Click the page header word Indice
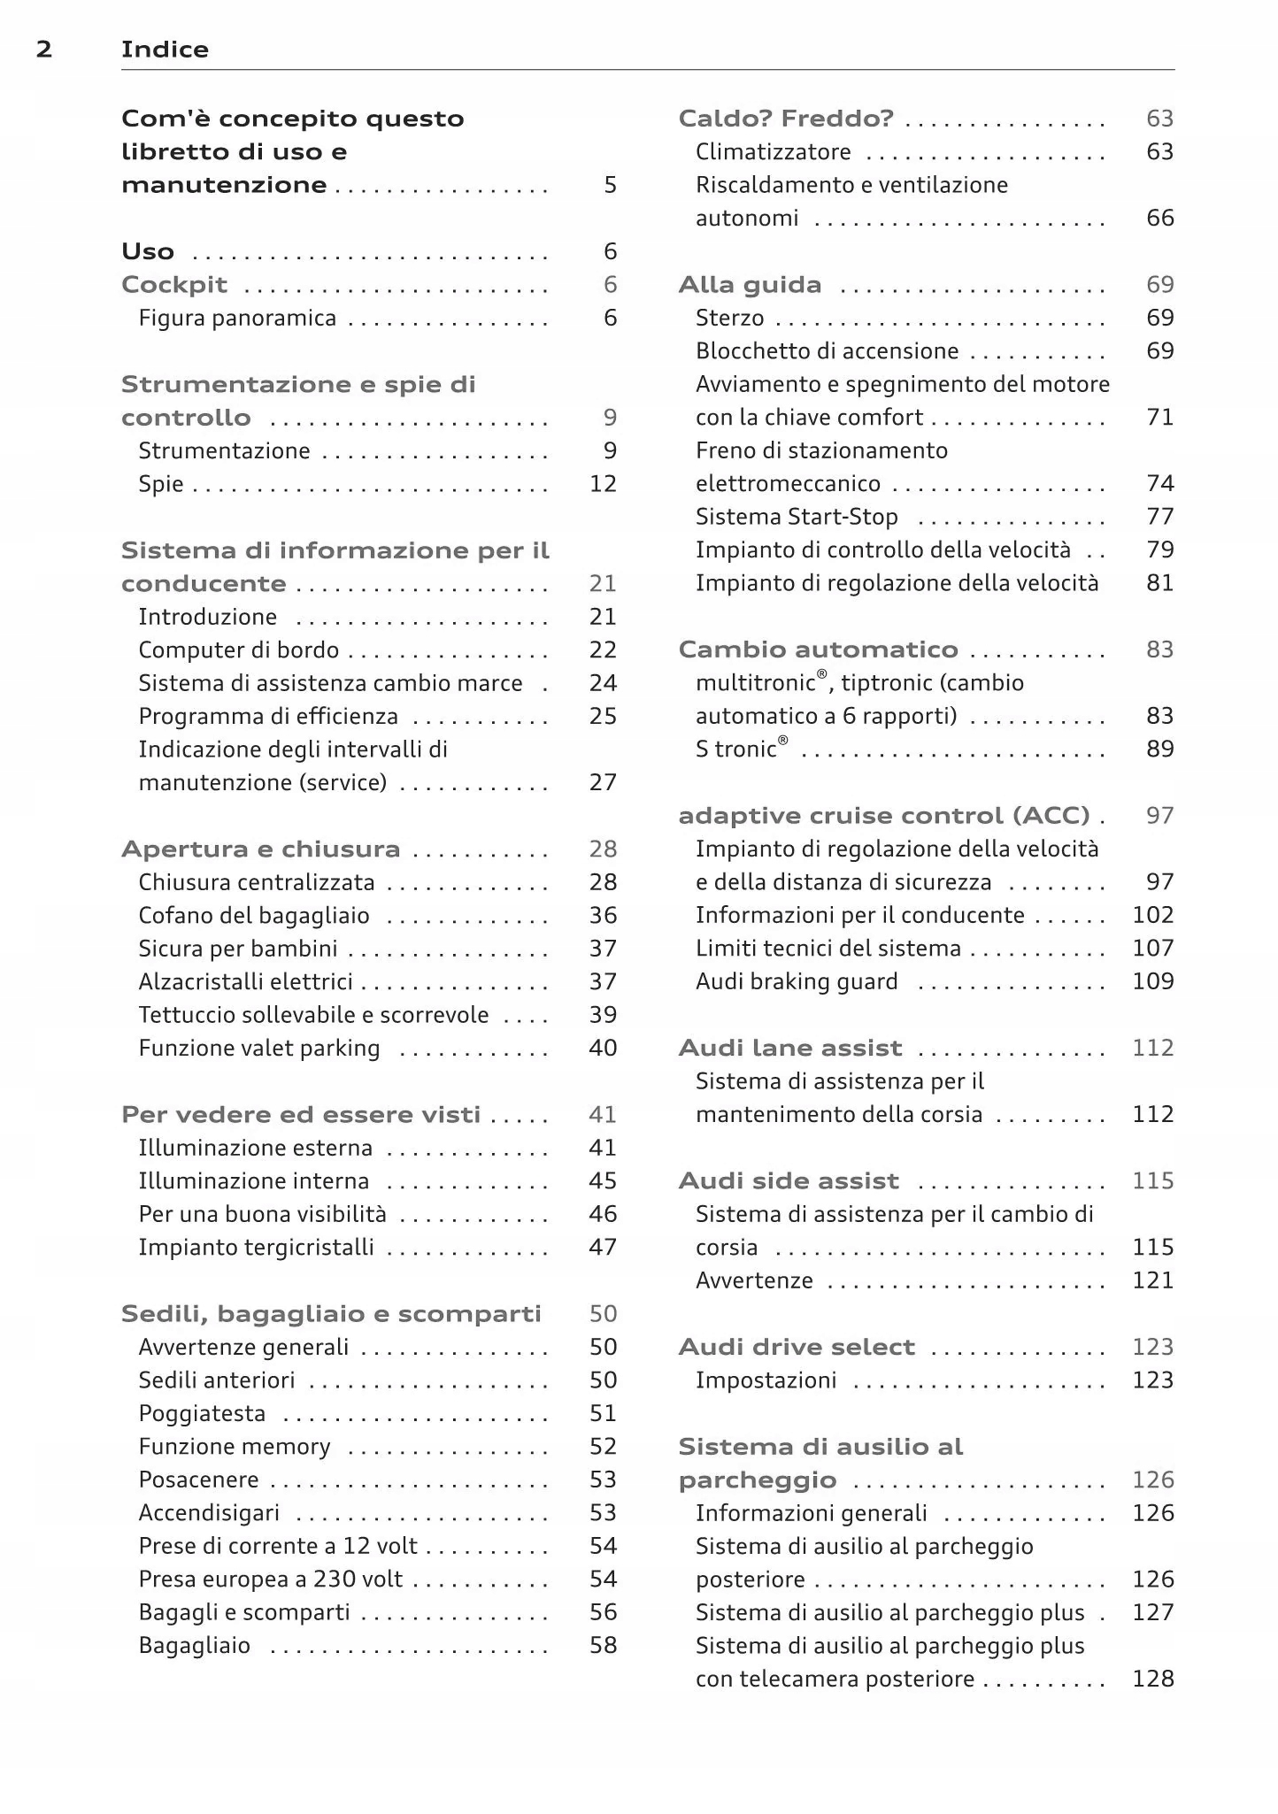[x=165, y=50]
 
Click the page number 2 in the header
[x=44, y=50]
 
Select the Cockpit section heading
[x=174, y=285]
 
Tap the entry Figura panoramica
[x=237, y=319]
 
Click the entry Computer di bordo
[x=238, y=650]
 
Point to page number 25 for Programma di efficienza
[x=603, y=717]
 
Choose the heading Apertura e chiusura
[x=260, y=849]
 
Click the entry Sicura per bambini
[x=238, y=949]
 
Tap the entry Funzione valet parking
[x=259, y=1049]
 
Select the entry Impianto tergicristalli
[x=256, y=1248]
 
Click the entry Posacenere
[x=199, y=1480]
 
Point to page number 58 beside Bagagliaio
[x=603, y=1646]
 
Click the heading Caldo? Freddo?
[x=786, y=119]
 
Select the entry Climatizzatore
[x=774, y=152]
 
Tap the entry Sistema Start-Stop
[x=797, y=517]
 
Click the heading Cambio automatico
[x=818, y=650]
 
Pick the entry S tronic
[x=741, y=749]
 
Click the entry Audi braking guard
[x=797, y=982]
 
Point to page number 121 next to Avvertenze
[x=1153, y=1280]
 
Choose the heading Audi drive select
[x=797, y=1348]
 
